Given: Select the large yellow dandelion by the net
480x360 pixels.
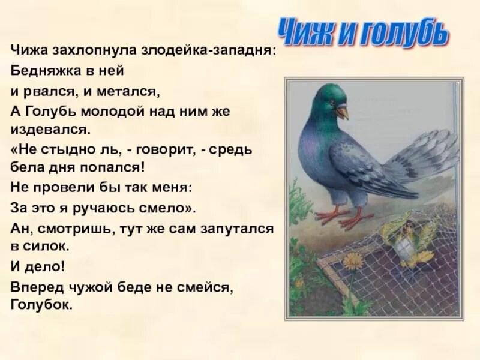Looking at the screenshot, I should point(353,261).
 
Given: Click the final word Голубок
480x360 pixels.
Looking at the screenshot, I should point(41,305).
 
